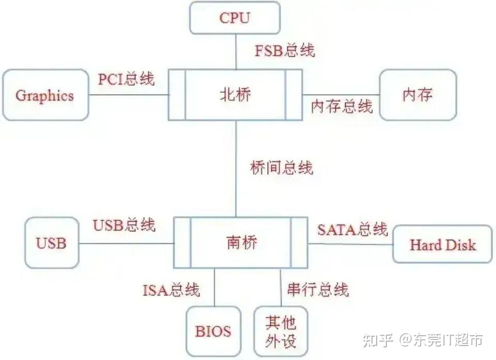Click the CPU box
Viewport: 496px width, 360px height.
tap(235, 18)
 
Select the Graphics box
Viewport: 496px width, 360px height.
tap(45, 95)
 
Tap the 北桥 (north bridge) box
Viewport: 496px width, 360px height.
tap(235, 95)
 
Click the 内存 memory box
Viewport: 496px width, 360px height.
tap(417, 95)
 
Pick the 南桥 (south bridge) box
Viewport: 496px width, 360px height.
tap(241, 242)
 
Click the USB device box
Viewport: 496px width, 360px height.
tap(52, 243)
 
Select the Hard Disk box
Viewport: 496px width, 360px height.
tap(442, 244)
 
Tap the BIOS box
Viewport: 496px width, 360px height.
tap(213, 331)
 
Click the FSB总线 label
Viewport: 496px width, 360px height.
tap(285, 51)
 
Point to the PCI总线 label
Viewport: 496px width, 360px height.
tap(126, 79)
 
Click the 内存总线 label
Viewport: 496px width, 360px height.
tap(342, 106)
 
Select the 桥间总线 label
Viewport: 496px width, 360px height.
tap(282, 168)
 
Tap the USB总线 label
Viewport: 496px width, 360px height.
tap(124, 225)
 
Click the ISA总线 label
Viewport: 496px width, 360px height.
tap(171, 290)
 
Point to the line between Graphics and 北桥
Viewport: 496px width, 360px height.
tap(129, 95)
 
